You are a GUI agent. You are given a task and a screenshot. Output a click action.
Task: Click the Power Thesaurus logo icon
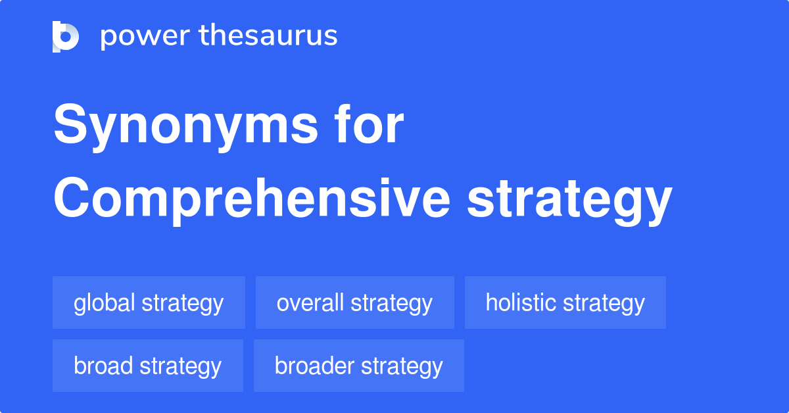66,36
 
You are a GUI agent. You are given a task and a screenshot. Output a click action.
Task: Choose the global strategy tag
149,303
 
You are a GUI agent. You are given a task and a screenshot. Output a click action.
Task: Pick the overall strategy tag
354,303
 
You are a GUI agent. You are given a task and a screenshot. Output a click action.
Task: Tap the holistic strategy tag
565,303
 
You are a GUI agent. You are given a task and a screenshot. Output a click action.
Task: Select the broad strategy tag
147,366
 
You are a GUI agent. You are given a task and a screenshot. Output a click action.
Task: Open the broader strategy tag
358,366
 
